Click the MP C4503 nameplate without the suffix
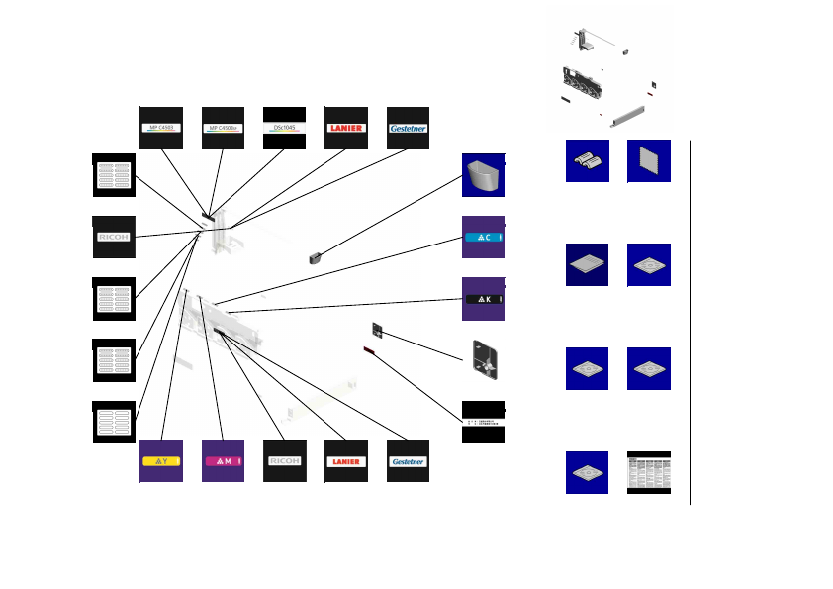coord(160,128)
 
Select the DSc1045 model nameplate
coord(284,128)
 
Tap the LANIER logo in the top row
coord(345,128)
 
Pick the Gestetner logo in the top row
coord(408,128)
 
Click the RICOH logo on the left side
coord(114,238)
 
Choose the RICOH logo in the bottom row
coord(284,461)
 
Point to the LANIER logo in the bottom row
coord(345,461)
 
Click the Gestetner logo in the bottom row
coord(408,461)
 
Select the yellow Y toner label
coord(160,461)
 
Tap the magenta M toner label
coord(223,461)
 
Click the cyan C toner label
coord(484,238)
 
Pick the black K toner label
coord(484,299)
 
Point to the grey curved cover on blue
coord(484,176)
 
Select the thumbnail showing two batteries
coord(587,161)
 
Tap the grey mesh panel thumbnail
coord(649,161)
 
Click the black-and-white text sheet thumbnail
coord(649,472)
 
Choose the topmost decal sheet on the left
coord(114,175)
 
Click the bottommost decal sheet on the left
coord(114,422)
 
